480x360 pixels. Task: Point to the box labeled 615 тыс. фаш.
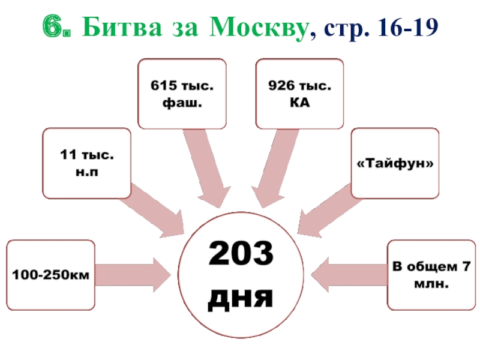point(182,94)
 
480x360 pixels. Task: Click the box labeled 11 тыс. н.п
point(86,163)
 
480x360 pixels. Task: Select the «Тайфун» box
point(394,163)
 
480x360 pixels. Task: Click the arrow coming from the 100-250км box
point(136,275)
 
